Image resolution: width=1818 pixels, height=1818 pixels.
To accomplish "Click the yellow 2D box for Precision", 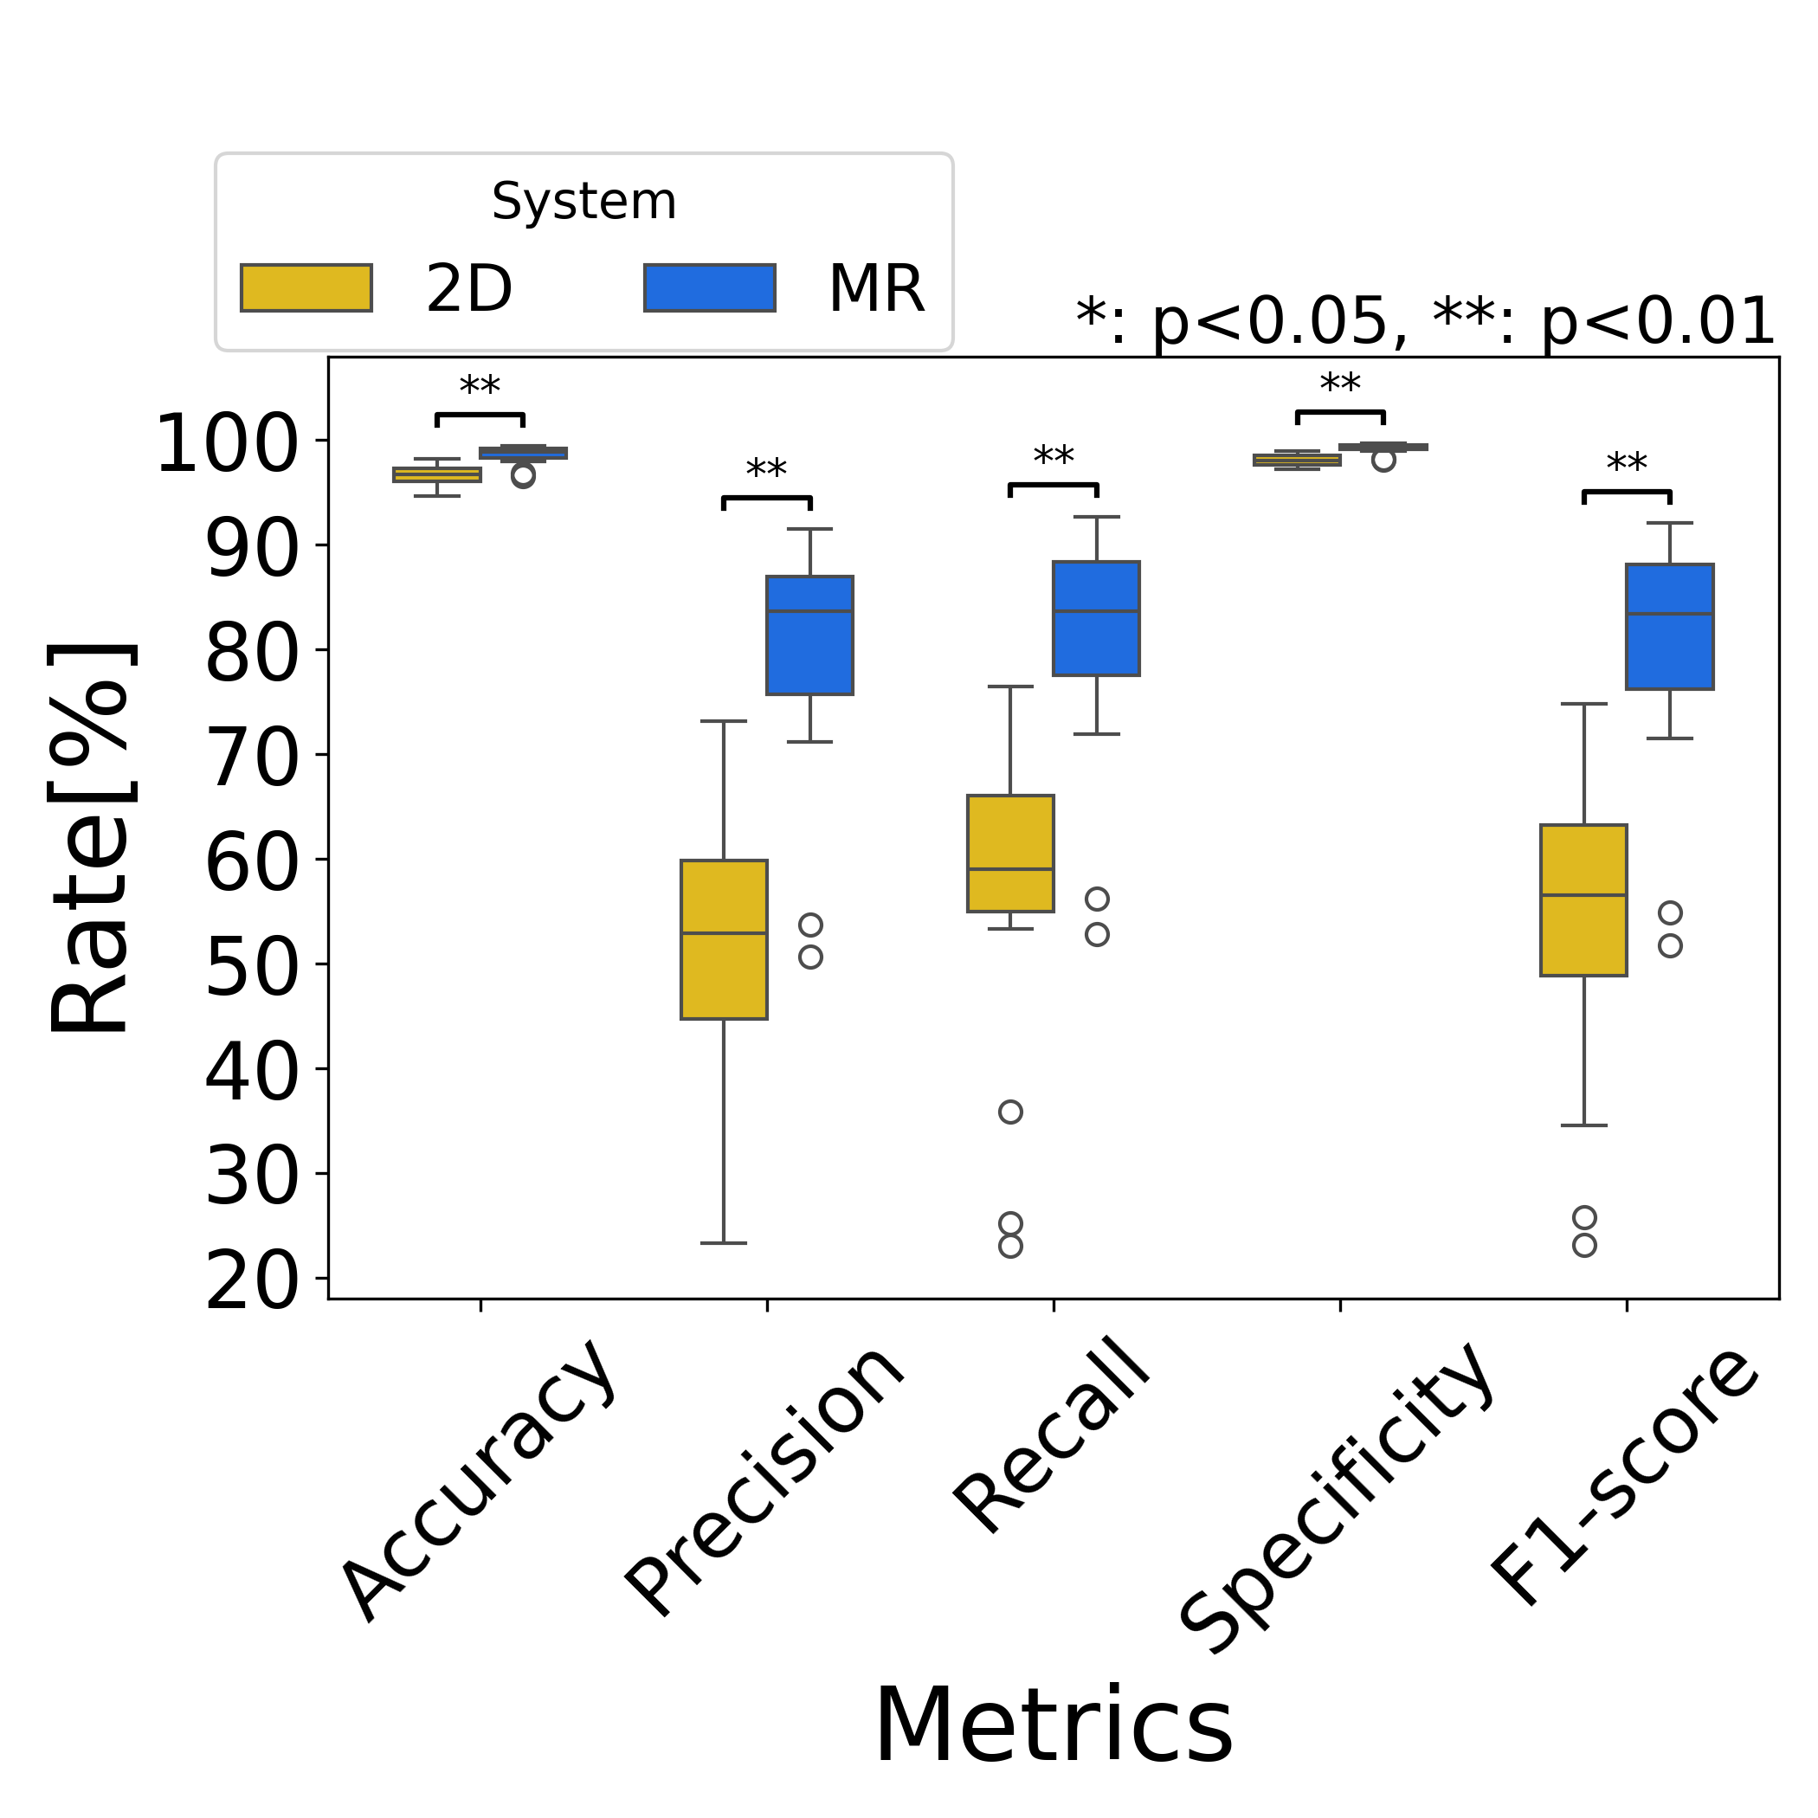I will coord(724,938).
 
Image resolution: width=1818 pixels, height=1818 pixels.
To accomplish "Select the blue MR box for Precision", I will coord(809,635).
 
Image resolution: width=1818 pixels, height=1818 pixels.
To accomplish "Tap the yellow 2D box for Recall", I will coord(1009,853).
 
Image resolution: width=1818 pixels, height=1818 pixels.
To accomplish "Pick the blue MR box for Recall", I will coord(1096,618).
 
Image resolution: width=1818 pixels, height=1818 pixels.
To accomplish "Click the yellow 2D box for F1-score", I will coord(1583,899).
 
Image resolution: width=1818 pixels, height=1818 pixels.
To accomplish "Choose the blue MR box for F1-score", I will coord(1669,627).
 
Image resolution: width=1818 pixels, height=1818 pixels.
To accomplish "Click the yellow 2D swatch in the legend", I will coord(306,287).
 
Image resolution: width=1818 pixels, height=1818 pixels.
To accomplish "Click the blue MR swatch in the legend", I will coord(710,287).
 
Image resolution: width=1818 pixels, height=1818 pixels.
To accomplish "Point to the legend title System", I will coord(583,202).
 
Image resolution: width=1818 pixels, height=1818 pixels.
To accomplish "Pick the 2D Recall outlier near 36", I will coord(1009,1112).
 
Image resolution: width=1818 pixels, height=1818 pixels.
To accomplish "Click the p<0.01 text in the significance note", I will coord(1656,322).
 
